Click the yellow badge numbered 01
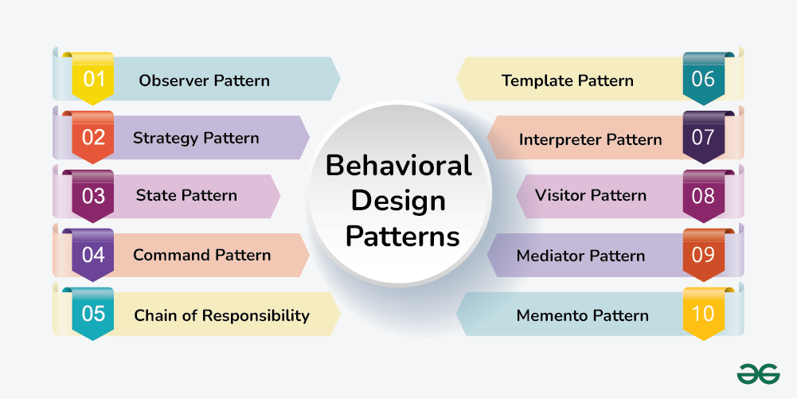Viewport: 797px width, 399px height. tap(93, 79)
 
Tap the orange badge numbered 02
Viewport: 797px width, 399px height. tap(93, 138)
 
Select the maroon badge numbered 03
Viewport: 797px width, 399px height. tap(93, 196)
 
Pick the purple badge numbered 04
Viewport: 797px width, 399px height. tap(93, 255)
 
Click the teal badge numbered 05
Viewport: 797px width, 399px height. tap(93, 314)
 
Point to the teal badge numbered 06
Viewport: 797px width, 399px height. tap(703, 79)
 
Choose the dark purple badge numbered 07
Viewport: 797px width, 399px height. tap(703, 138)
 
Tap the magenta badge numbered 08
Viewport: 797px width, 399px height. tap(703, 196)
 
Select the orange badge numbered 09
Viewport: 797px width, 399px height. tap(703, 255)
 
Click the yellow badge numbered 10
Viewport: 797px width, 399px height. tap(703, 314)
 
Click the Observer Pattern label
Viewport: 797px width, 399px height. tap(204, 80)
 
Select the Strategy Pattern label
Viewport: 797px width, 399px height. tap(196, 138)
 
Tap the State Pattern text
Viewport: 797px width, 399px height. tap(186, 195)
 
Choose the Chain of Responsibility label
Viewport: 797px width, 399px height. tap(221, 315)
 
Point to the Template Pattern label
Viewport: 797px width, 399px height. tap(568, 80)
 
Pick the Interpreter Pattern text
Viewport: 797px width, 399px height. tap(590, 139)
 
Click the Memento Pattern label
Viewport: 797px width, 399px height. tap(582, 315)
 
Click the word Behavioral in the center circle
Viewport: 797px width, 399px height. tap(398, 166)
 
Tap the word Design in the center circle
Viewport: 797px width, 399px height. tap(398, 201)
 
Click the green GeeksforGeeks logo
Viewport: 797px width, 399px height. tap(757, 374)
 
